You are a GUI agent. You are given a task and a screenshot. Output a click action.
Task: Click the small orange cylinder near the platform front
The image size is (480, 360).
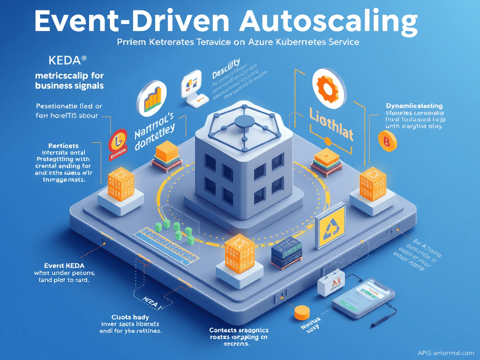(302, 312)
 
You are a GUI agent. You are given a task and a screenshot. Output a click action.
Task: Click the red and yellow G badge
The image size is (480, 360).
(119, 140)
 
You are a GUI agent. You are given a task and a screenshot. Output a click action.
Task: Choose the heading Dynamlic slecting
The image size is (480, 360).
(414, 106)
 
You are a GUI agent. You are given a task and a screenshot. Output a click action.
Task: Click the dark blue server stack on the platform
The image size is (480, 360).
(286, 253)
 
